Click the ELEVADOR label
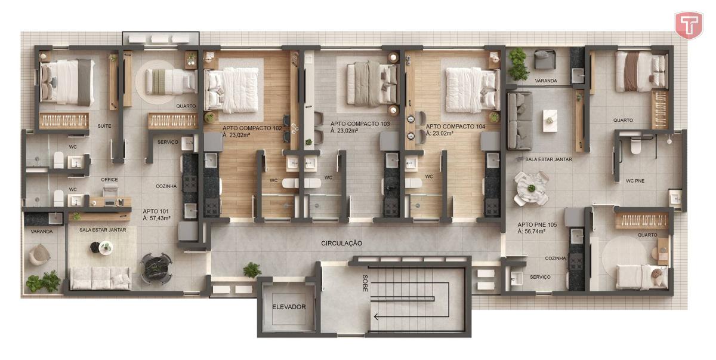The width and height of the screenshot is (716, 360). tap(289, 307)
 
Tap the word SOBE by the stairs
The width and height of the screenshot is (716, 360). tap(365, 283)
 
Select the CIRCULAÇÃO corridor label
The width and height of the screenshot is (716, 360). tap(342, 244)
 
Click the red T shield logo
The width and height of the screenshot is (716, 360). tap(689, 25)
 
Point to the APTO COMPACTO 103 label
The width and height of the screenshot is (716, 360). tap(360, 124)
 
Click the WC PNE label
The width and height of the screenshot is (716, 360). tap(635, 181)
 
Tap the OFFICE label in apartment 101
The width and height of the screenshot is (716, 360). tap(109, 180)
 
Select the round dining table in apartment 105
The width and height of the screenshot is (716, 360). tap(531, 189)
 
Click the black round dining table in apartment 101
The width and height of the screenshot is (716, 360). tap(156, 268)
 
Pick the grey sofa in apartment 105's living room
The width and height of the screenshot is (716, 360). tap(520, 121)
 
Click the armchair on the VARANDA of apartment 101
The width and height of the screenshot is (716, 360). tap(39, 254)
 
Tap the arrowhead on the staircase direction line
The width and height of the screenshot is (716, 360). tap(376, 317)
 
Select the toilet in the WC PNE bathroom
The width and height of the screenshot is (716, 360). tap(635, 146)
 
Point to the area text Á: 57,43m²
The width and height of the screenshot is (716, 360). tap(156, 219)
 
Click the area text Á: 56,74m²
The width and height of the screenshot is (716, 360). tap(531, 232)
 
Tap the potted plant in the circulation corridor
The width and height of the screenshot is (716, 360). tap(252, 270)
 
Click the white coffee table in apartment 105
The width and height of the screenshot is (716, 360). tap(550, 121)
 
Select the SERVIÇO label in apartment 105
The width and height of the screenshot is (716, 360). tap(540, 277)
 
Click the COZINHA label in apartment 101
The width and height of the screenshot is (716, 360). tap(166, 186)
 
